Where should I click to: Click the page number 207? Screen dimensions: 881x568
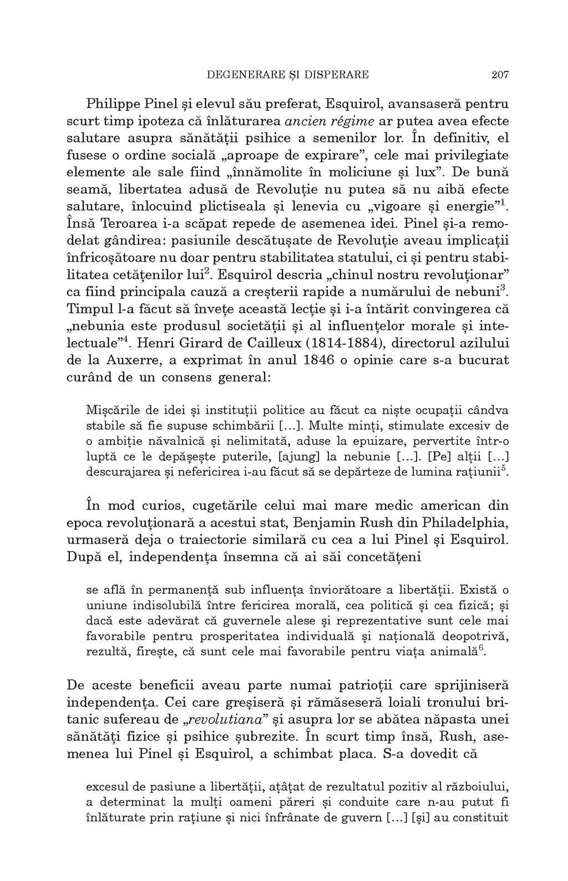pos(500,74)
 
